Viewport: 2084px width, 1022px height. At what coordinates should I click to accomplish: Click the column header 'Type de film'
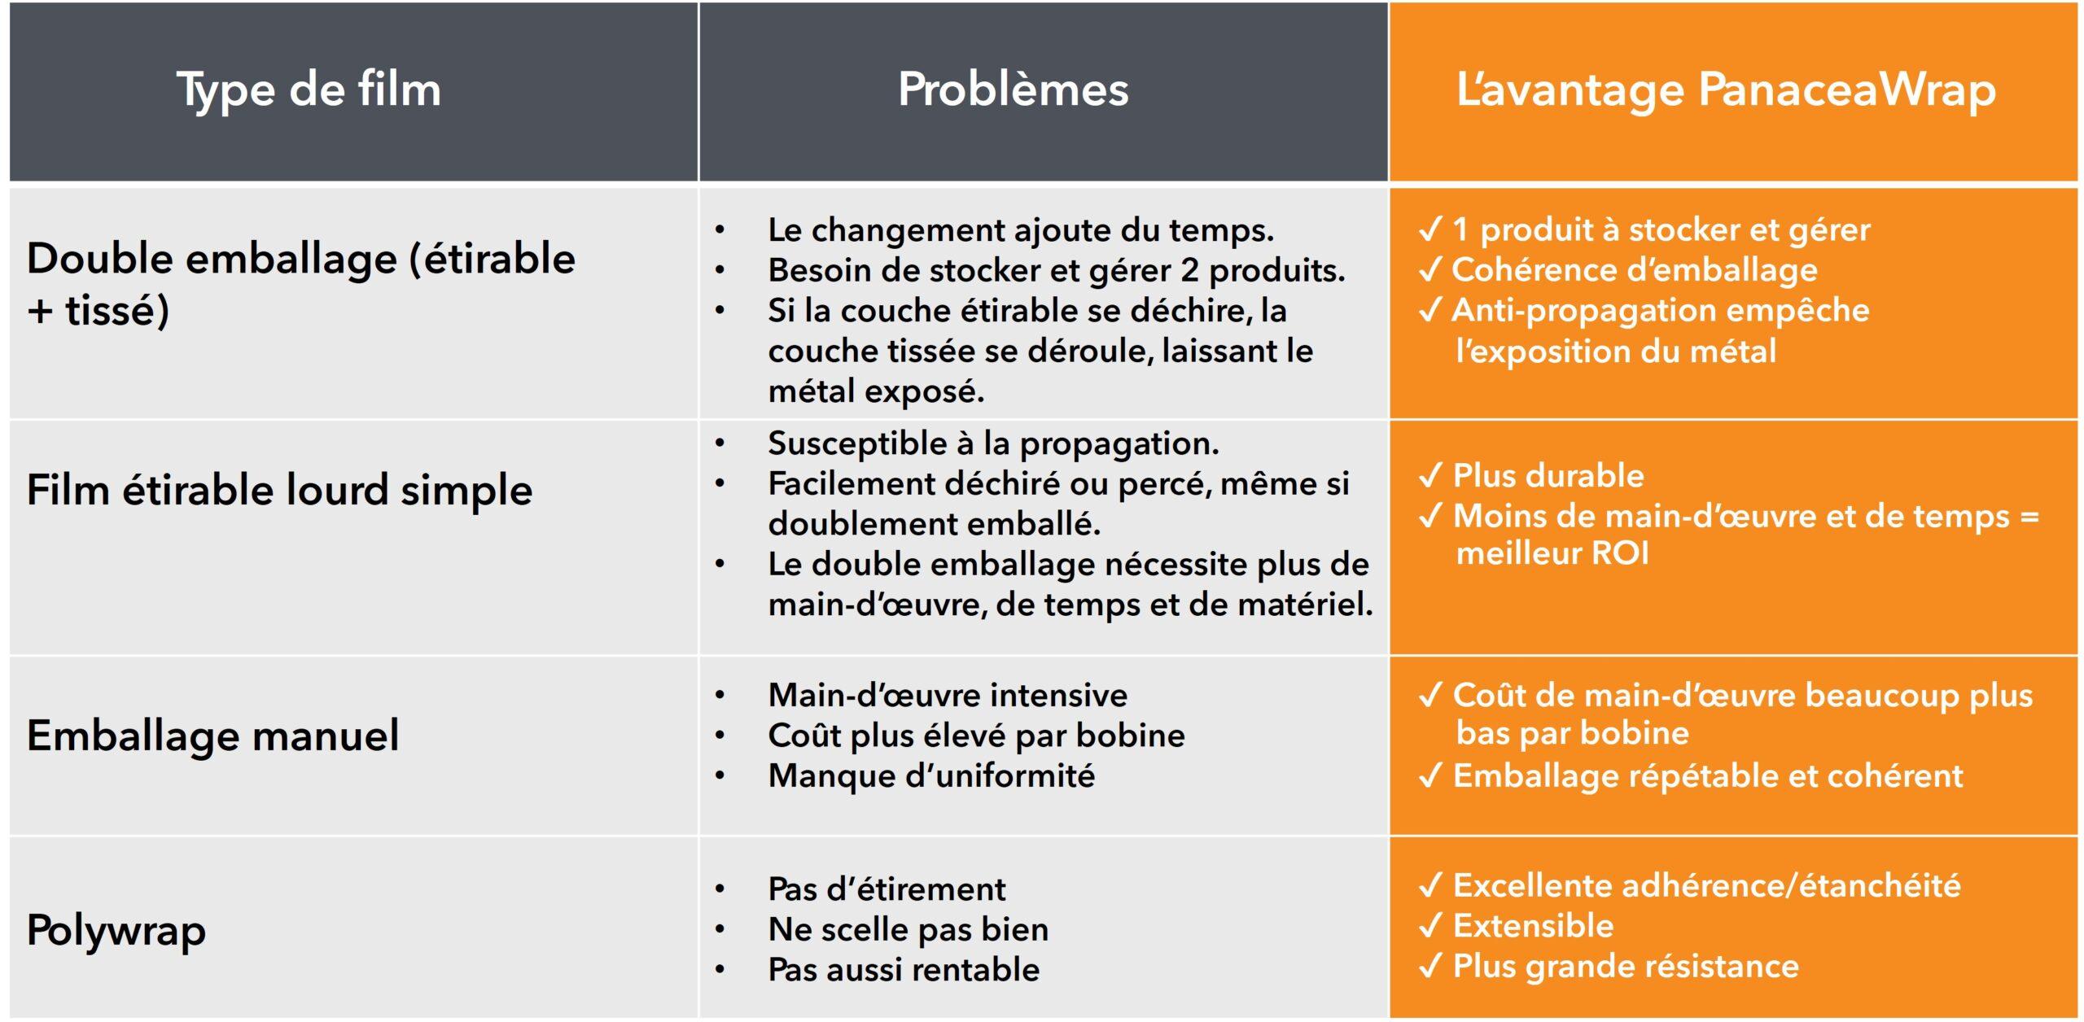coord(309,90)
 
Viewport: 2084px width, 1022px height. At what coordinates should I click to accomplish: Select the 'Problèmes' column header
coord(1014,90)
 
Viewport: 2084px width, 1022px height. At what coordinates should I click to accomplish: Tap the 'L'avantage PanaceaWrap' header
coord(1726,90)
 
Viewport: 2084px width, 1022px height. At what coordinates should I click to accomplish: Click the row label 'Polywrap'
coord(116,930)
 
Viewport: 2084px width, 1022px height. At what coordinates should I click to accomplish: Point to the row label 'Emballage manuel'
coord(213,736)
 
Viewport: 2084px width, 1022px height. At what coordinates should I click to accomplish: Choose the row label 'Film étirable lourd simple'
coord(279,490)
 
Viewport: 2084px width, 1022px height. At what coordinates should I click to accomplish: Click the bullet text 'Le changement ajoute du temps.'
coord(1021,230)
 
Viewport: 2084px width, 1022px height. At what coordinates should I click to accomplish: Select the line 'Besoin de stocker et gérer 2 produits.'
coord(1056,270)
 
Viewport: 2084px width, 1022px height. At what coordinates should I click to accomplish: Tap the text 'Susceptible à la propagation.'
coord(993,443)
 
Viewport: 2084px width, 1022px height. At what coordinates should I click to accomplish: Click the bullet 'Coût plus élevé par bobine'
coord(976,736)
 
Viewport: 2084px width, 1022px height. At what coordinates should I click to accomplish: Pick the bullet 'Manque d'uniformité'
coord(931,775)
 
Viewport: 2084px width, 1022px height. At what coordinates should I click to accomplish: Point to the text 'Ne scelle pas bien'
coord(908,929)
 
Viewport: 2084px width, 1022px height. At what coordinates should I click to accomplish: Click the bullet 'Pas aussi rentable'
coord(904,970)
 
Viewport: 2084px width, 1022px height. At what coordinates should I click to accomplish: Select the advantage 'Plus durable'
coord(1548,476)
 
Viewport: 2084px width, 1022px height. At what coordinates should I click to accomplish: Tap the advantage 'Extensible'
coord(1533,926)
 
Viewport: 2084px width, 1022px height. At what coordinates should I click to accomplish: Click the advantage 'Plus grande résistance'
coord(1626,967)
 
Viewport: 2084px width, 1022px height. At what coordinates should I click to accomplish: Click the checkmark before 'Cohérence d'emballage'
coord(1430,270)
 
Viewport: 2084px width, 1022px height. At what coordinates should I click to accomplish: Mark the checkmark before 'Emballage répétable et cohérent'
coord(1430,776)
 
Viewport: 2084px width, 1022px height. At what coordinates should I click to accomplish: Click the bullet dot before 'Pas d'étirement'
coord(720,889)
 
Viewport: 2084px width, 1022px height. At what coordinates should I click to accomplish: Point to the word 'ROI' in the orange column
coord(1620,554)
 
